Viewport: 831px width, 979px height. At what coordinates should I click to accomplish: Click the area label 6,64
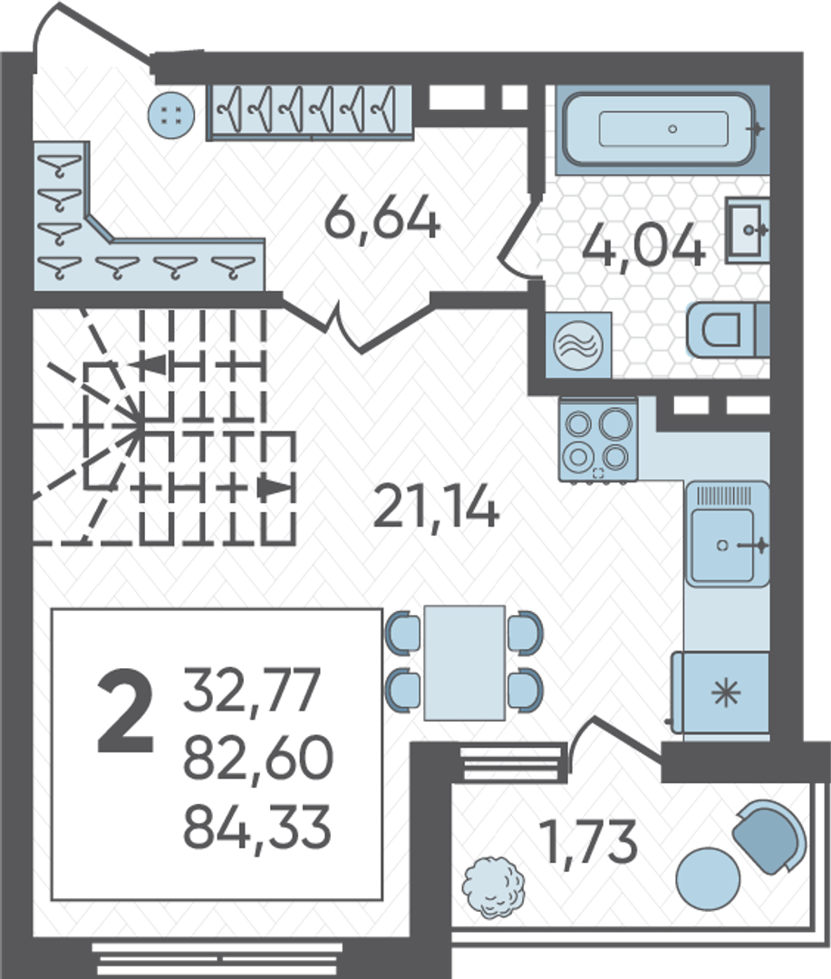click(382, 217)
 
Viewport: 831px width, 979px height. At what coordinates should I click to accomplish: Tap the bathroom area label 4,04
click(643, 246)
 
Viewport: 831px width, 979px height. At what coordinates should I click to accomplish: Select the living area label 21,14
click(435, 507)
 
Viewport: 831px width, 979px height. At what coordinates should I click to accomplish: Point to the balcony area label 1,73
click(589, 841)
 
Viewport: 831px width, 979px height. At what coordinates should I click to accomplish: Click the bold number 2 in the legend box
click(125, 710)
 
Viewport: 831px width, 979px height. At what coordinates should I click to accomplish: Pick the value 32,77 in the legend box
click(252, 689)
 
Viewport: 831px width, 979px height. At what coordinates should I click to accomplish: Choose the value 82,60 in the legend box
click(258, 757)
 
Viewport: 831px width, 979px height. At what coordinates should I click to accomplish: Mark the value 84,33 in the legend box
click(256, 826)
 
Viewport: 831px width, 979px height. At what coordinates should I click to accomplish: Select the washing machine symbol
click(578, 344)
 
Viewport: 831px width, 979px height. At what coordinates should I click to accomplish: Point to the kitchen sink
click(728, 535)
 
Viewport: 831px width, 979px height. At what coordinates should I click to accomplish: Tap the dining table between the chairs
click(465, 663)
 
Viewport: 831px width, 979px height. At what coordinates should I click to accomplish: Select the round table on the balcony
click(708, 878)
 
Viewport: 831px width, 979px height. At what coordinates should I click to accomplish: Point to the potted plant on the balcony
click(493, 887)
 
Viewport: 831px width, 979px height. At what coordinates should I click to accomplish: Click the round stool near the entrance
click(171, 115)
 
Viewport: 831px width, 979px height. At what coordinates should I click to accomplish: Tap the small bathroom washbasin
click(747, 229)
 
